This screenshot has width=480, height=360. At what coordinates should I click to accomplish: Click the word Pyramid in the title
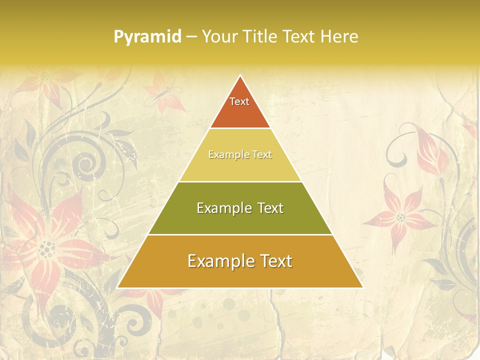tap(147, 36)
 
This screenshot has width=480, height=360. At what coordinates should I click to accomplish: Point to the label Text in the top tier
tap(239, 101)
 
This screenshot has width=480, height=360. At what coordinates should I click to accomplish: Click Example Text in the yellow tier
tap(240, 154)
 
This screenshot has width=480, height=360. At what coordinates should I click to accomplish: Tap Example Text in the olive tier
tap(240, 208)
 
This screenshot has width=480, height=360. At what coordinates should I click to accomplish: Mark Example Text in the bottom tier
tap(240, 261)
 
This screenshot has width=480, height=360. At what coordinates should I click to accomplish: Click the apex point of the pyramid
tap(240, 75)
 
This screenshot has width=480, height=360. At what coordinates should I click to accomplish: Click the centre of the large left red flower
tap(47, 247)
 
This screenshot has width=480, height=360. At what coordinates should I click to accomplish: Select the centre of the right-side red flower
tap(400, 217)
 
